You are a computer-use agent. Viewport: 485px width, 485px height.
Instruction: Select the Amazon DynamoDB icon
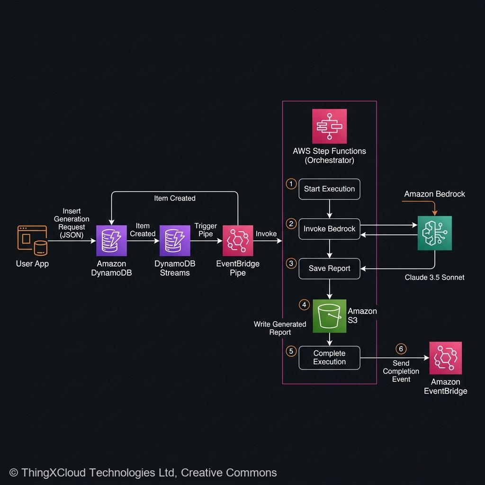click(x=111, y=241)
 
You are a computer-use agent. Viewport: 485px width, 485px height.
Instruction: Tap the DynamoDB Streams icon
click(x=174, y=241)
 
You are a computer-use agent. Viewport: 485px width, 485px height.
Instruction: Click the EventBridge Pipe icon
click(x=238, y=241)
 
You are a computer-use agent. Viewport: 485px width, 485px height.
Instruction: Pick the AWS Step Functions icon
click(x=329, y=126)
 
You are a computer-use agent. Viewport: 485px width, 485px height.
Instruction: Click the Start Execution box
click(x=329, y=189)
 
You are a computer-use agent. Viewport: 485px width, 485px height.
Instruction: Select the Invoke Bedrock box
click(x=329, y=229)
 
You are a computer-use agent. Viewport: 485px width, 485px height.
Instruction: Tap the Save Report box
click(x=329, y=269)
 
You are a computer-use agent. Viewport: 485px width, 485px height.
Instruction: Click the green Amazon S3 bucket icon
click(x=329, y=315)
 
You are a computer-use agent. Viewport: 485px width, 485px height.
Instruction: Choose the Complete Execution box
click(x=329, y=358)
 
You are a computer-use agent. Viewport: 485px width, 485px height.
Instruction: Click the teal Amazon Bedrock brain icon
click(x=434, y=233)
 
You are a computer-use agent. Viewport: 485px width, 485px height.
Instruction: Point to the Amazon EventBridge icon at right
click(x=445, y=358)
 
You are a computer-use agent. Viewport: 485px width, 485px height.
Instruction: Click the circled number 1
click(x=291, y=184)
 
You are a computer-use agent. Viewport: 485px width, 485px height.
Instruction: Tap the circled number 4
click(x=304, y=305)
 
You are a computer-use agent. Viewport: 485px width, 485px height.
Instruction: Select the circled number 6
click(x=401, y=349)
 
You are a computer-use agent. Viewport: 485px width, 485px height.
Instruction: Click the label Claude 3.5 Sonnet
click(x=434, y=278)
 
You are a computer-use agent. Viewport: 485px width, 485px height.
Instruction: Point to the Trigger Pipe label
click(x=206, y=230)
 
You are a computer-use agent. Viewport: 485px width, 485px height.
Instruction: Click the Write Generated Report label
click(x=280, y=328)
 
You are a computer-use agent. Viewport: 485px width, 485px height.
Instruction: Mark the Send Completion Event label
click(x=401, y=371)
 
